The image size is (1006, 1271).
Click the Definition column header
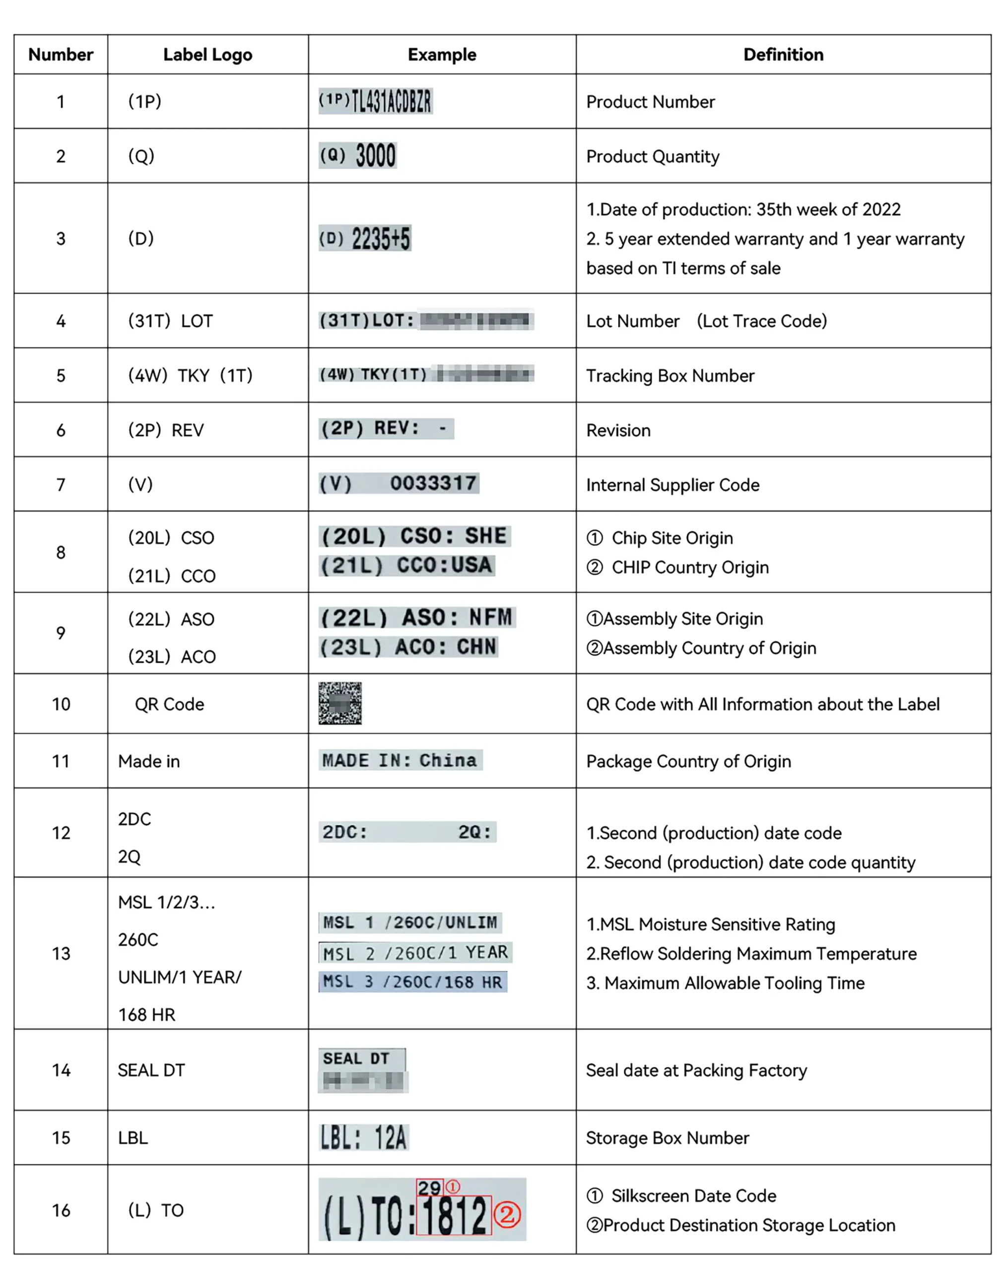click(x=783, y=55)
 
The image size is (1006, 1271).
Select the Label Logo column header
click(x=207, y=55)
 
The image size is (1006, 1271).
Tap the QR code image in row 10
click(x=340, y=703)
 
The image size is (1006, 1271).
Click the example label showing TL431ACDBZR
click(x=375, y=101)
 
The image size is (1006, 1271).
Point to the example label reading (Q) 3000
click(x=357, y=155)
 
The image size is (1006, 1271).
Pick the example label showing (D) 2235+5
click(x=365, y=238)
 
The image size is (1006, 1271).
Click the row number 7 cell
click(x=61, y=485)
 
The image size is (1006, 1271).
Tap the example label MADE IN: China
click(x=400, y=760)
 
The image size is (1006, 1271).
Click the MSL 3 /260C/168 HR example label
click(x=412, y=982)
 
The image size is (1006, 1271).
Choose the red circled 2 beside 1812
click(x=507, y=1214)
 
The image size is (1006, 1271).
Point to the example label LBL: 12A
click(x=363, y=1137)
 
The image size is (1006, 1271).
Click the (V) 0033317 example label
click(x=399, y=483)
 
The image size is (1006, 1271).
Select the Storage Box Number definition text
click(x=668, y=1138)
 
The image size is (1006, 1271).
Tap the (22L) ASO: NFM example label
click(x=417, y=617)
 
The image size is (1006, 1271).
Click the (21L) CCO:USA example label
click(x=406, y=565)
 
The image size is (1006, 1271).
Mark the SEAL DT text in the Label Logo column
click(x=151, y=1070)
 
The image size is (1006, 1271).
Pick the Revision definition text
click(x=618, y=430)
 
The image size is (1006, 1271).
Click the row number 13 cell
click(x=61, y=953)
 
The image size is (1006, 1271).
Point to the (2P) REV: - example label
click(x=386, y=428)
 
